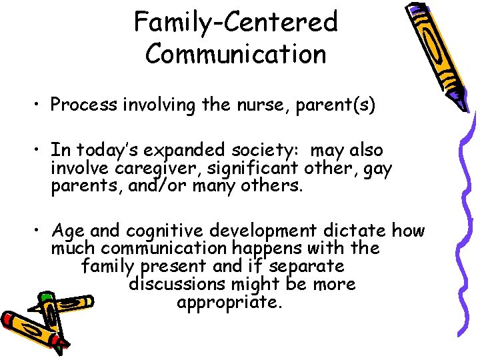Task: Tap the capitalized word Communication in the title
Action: (x=236, y=53)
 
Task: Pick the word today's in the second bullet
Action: (x=104, y=151)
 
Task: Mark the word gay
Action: (x=378, y=168)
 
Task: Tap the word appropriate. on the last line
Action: (x=230, y=302)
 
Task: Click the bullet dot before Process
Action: (x=40, y=105)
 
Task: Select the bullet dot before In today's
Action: (x=40, y=151)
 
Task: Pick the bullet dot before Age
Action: (x=40, y=231)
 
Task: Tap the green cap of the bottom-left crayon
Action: (x=45, y=297)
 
